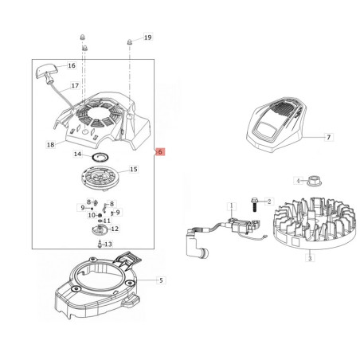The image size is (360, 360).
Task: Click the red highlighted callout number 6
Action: click(160, 152)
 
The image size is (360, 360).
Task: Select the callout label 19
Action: click(148, 37)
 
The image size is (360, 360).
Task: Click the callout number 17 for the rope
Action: click(75, 85)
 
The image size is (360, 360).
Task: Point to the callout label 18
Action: click(50, 145)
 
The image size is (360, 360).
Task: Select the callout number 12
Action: click(115, 229)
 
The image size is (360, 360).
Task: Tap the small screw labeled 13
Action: click(100, 244)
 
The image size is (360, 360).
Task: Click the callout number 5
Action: click(161, 280)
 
